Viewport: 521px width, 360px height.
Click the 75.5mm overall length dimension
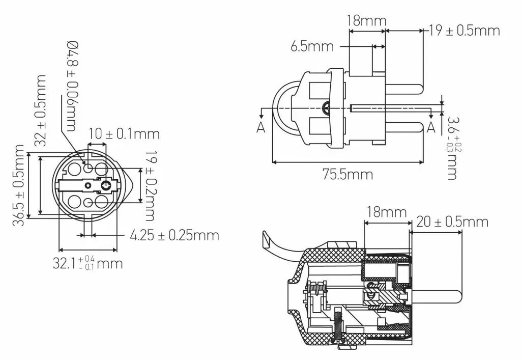point(348,174)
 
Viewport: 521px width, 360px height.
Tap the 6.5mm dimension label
point(312,46)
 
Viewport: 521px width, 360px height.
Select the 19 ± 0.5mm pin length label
point(464,30)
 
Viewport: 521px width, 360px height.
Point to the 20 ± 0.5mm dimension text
point(452,221)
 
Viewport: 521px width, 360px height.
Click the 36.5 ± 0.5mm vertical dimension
point(19,185)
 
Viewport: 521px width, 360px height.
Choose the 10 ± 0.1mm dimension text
point(124,133)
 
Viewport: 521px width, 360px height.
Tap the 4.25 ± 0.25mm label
point(175,235)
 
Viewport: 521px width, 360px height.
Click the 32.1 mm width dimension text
point(88,263)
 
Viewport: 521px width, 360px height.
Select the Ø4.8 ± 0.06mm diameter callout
point(72,86)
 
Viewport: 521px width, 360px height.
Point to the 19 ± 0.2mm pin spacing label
point(150,185)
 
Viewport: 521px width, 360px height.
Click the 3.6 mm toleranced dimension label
point(452,148)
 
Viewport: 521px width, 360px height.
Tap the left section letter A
point(261,127)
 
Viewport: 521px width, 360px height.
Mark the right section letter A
point(431,127)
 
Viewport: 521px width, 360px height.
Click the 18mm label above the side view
point(367,20)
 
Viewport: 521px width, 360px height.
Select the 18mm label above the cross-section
point(387,212)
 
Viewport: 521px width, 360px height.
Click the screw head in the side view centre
point(326,107)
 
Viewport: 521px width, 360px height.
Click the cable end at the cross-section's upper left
point(266,239)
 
